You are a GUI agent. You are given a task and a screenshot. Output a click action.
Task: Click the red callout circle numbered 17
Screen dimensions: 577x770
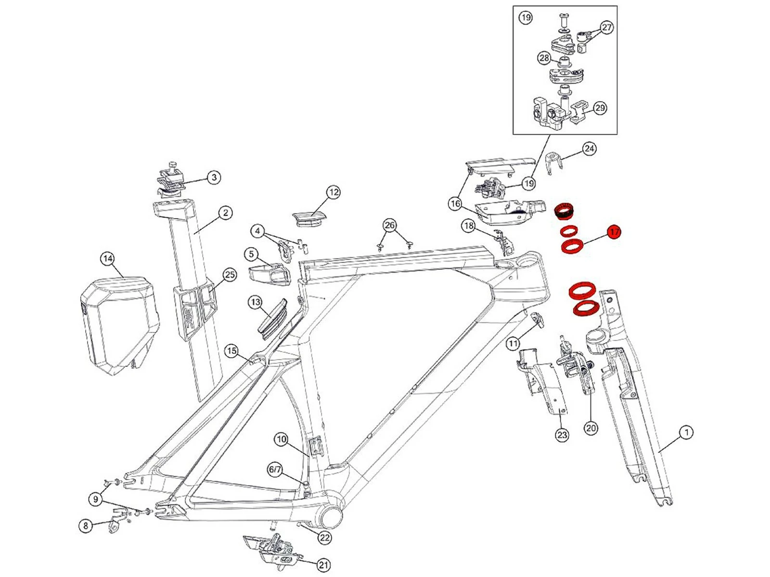614,232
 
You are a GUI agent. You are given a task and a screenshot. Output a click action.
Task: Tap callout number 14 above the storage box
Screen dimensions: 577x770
108,259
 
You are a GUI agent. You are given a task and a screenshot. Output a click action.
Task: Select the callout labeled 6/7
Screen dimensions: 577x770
275,469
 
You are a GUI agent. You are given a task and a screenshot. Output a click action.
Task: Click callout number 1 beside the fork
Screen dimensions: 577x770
687,432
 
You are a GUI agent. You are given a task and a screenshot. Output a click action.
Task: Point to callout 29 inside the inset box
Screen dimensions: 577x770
600,108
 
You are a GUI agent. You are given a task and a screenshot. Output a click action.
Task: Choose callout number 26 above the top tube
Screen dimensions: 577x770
390,225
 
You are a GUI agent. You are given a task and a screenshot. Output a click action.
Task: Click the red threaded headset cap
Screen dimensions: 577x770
565,211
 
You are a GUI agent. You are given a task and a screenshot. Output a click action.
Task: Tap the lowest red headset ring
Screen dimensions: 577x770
587,308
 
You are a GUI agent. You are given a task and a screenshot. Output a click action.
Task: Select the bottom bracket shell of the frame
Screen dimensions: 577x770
331,517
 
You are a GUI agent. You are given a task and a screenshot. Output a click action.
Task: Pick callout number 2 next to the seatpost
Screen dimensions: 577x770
225,213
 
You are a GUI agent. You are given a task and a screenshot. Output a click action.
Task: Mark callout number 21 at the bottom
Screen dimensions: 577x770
324,564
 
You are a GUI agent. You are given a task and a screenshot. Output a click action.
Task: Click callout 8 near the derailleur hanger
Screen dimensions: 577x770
86,526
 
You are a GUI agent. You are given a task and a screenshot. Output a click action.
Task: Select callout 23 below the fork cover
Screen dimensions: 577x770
562,435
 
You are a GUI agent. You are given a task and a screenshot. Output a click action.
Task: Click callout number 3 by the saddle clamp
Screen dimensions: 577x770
214,177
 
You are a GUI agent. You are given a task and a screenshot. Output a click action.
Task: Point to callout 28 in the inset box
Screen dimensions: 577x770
544,58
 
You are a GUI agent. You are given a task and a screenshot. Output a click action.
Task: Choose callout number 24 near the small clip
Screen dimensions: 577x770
589,149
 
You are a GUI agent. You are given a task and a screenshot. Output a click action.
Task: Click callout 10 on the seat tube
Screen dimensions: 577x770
282,439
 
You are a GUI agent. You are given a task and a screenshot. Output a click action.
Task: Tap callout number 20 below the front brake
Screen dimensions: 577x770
590,427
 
